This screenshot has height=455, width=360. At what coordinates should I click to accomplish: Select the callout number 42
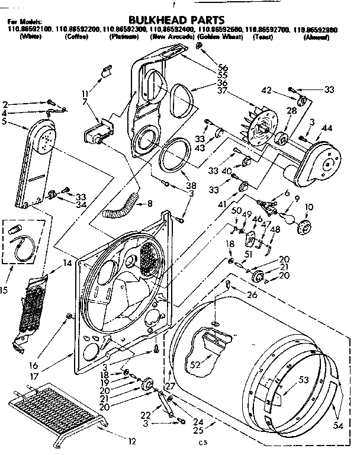[x=266, y=91]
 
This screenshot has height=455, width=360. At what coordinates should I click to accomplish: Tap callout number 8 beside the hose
[x=149, y=203]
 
